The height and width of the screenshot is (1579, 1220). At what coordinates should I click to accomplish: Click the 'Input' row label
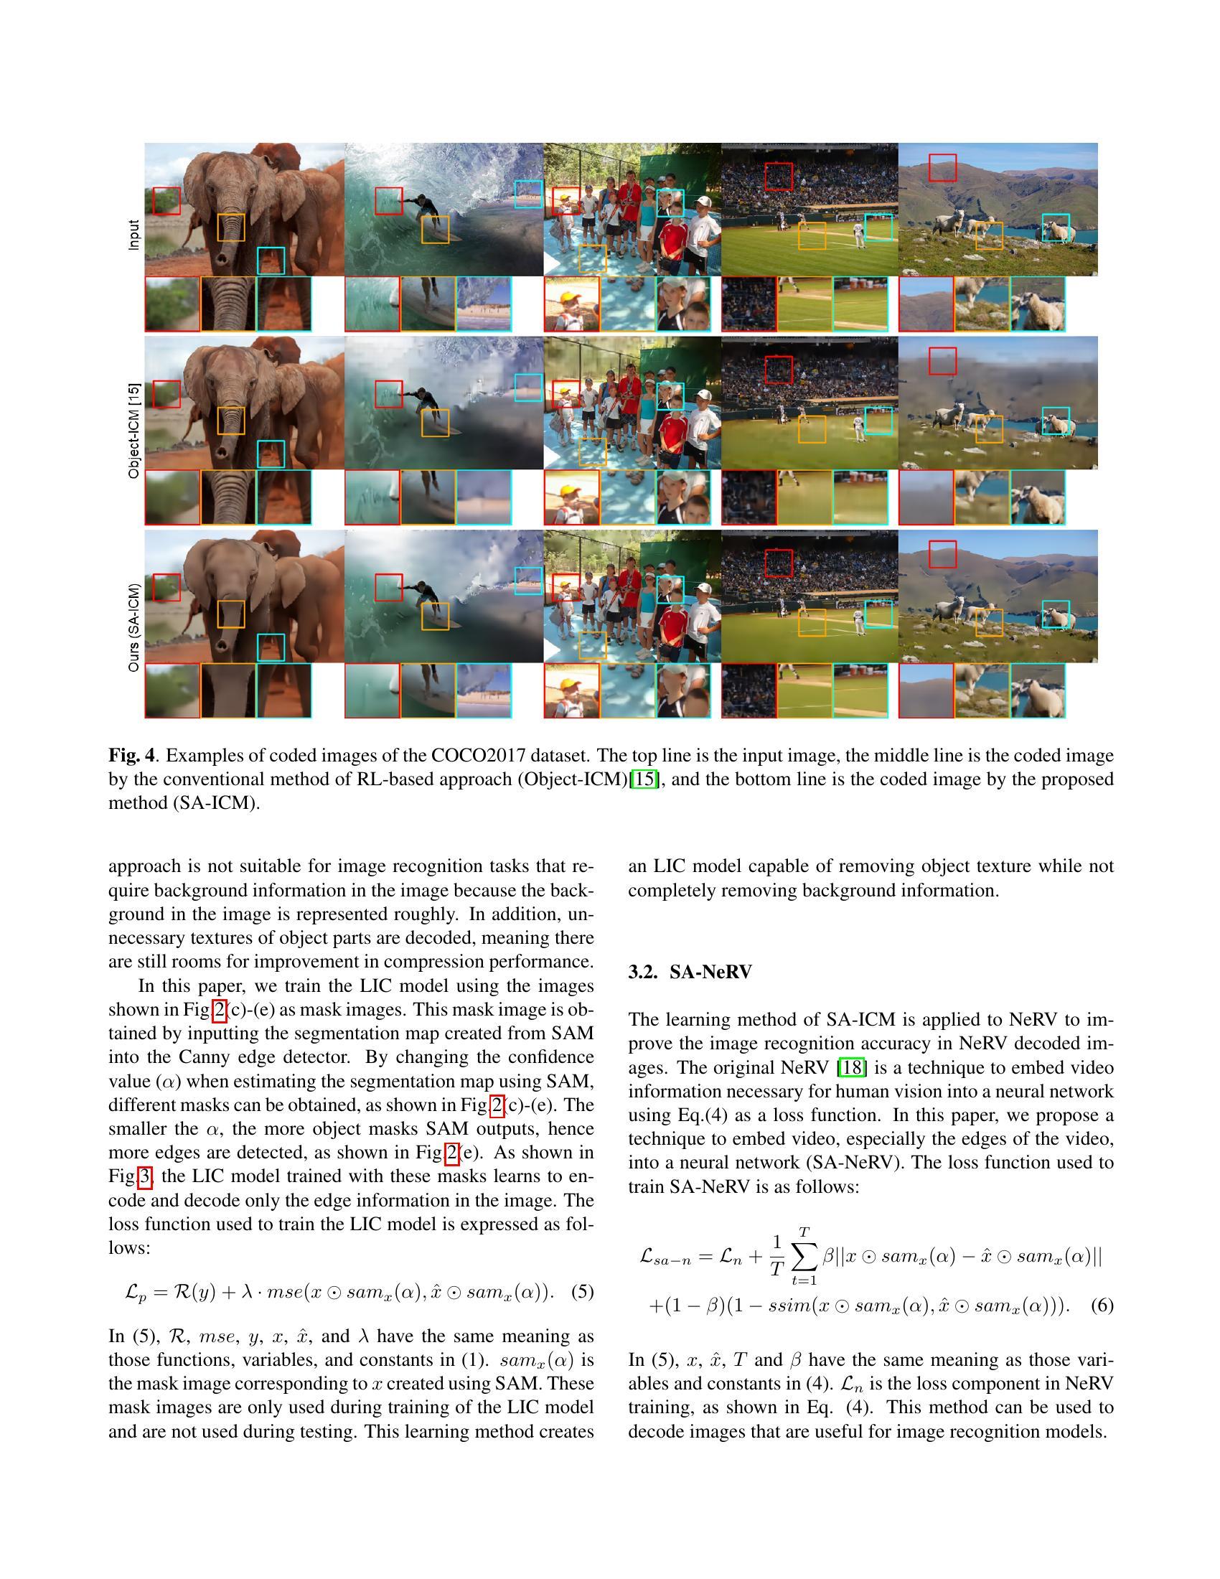coord(133,235)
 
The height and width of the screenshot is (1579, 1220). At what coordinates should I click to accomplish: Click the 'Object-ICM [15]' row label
coord(133,430)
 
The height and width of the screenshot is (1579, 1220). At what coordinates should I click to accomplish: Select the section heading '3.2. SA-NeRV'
coord(690,972)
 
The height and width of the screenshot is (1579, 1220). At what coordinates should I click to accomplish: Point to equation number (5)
coord(582,1291)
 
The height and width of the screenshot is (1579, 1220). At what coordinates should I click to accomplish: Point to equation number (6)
coord(1102,1305)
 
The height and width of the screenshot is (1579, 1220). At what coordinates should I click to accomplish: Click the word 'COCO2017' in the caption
coord(478,756)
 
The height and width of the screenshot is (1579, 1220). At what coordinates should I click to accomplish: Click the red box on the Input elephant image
coord(166,200)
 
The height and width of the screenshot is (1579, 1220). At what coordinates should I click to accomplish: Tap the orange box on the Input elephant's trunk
coord(231,227)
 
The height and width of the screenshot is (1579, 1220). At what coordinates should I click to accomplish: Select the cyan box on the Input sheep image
coord(1055,227)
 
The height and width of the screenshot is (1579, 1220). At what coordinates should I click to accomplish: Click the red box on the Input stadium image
coord(779,177)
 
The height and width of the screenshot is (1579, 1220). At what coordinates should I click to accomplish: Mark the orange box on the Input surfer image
coord(435,229)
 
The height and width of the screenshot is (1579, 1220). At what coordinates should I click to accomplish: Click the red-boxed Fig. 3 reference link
coord(145,1177)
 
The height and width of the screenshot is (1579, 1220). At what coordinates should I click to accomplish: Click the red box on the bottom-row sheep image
coord(942,555)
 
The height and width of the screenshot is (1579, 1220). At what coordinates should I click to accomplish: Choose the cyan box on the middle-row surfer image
coord(528,387)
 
